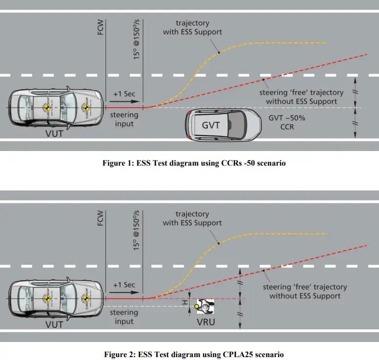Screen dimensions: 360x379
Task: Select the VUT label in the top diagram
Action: pos(54,133)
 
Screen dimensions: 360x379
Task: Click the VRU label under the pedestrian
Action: pos(205,322)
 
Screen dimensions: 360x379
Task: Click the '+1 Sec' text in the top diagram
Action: pos(124,94)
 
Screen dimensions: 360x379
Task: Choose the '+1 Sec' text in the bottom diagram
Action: pos(124,284)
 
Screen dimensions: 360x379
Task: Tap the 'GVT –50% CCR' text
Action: pos(288,122)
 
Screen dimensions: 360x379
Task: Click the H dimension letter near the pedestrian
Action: pos(185,303)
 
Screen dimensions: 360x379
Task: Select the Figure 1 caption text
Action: pos(194,163)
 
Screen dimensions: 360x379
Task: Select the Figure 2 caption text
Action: pos(194,354)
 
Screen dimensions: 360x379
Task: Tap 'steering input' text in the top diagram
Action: pos(124,119)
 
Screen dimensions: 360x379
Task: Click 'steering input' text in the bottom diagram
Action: pos(124,317)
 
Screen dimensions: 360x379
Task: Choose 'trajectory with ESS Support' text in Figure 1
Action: pos(192,27)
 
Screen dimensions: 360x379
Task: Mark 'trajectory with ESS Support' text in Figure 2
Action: pos(192,218)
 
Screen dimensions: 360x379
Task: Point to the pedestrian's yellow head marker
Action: pos(197,306)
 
